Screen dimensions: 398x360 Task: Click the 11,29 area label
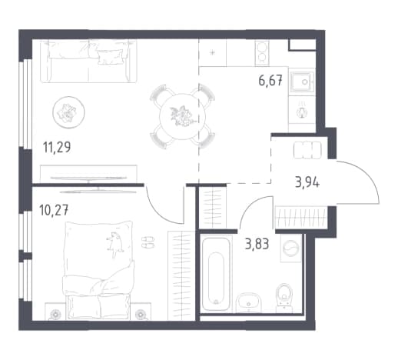click(57, 147)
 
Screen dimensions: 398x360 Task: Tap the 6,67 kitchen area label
click(270, 81)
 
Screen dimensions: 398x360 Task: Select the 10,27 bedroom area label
click(54, 210)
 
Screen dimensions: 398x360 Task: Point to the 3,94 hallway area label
click(307, 182)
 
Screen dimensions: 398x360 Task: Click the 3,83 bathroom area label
click(257, 244)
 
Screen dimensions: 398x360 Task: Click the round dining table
click(182, 117)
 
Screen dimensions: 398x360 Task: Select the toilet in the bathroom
click(284, 298)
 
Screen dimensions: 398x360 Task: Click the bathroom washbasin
click(248, 302)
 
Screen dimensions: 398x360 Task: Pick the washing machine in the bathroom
click(290, 248)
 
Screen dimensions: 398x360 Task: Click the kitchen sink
click(302, 82)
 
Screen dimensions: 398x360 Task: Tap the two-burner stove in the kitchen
click(262, 53)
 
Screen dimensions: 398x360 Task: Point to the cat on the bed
click(115, 244)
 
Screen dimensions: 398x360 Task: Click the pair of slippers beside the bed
click(148, 242)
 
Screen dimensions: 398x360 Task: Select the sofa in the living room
click(88, 61)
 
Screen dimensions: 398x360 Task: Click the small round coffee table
click(68, 112)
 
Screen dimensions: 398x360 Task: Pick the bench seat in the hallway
click(307, 150)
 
